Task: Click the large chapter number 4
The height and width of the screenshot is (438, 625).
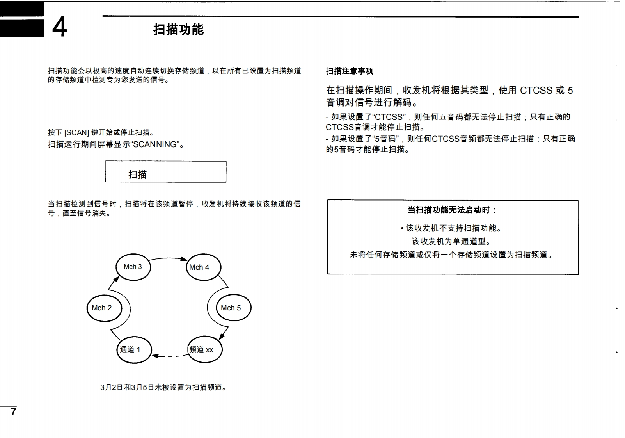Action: pyautogui.click(x=59, y=27)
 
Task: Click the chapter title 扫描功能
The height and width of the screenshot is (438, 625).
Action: pyautogui.click(x=178, y=29)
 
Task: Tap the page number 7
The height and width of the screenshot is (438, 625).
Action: pyautogui.click(x=14, y=411)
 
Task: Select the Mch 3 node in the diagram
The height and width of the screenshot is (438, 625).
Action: pyautogui.click(x=133, y=267)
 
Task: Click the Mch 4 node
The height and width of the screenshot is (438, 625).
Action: pyautogui.click(x=203, y=267)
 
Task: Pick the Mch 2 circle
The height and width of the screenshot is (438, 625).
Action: pyautogui.click(x=104, y=308)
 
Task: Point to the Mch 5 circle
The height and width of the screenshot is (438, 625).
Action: pyautogui.click(x=233, y=308)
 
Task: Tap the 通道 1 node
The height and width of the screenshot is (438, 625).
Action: pyautogui.click(x=133, y=350)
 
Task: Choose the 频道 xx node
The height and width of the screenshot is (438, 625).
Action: pyautogui.click(x=204, y=350)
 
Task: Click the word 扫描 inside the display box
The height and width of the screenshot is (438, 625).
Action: pyautogui.click(x=137, y=174)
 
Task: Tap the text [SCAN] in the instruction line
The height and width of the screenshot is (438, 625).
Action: pyautogui.click(x=76, y=133)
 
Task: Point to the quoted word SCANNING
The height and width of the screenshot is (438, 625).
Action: pyautogui.click(x=155, y=144)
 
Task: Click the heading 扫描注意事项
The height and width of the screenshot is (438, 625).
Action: pyautogui.click(x=349, y=71)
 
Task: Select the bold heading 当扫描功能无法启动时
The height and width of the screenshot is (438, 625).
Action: pyautogui.click(x=451, y=210)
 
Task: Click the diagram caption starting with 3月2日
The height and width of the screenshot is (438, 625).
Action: pyautogui.click(x=163, y=387)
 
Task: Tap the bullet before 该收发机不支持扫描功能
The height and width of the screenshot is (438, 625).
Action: pyautogui.click(x=402, y=228)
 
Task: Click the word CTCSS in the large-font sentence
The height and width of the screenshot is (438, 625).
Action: pyautogui.click(x=536, y=91)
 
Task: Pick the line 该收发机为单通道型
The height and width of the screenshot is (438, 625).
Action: pyautogui.click(x=451, y=242)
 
